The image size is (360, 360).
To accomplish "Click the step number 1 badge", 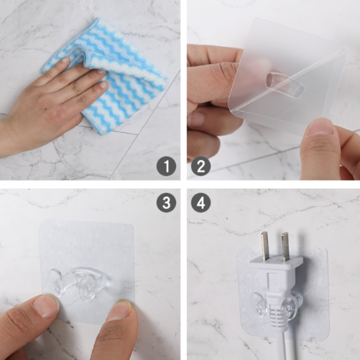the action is click(166, 166).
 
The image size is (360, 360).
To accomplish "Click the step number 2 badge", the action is click(201, 166).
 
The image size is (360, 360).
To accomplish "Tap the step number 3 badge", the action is click(166, 203).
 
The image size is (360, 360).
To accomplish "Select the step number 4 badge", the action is click(201, 203).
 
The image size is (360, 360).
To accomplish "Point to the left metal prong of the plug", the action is click(265, 246).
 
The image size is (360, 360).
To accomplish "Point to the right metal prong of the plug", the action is click(285, 247).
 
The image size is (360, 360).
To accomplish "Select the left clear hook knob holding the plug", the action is click(259, 305).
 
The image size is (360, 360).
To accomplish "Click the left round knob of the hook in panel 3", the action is click(55, 283).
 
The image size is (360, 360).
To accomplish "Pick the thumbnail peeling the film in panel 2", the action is click(320, 127).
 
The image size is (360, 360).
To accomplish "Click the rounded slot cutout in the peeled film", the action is click(285, 84).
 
